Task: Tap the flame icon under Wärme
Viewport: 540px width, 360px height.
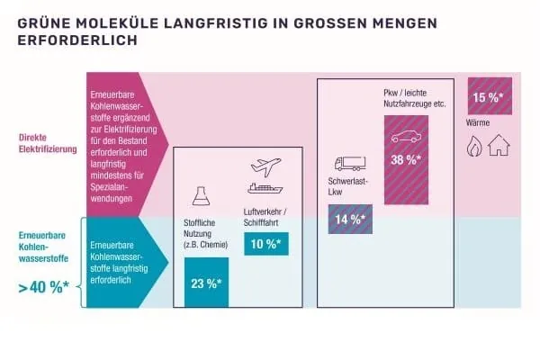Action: (474, 145)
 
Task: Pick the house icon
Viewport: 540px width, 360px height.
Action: (498, 145)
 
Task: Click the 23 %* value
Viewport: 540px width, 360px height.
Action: (206, 283)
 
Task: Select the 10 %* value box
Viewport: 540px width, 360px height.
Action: (265, 243)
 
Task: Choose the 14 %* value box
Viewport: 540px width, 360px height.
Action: (347, 219)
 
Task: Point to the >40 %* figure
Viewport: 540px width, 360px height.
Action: (46, 288)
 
